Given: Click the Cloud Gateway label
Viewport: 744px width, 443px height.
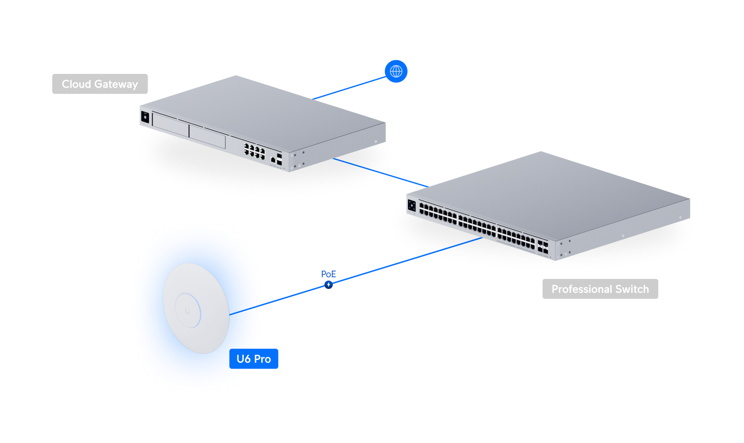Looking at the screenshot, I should point(100,84).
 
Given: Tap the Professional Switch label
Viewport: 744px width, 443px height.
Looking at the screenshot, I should point(600,289).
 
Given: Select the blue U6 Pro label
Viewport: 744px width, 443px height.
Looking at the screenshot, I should point(254,359).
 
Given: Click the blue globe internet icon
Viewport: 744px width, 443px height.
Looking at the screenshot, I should point(396,71).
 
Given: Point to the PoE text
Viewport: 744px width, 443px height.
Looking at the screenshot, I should point(329,274).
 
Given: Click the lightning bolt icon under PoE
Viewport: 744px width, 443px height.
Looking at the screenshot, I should point(329,285).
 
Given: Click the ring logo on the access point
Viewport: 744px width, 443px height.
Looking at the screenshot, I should point(188,311).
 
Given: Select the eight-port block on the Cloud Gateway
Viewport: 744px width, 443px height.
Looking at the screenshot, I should point(254,151).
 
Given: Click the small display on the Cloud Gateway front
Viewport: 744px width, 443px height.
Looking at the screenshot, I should point(145,117).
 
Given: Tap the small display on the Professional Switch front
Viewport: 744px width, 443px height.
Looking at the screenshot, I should point(412,205).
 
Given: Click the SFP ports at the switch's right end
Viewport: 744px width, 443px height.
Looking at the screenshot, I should point(543,247).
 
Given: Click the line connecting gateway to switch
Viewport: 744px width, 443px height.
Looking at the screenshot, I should point(380,172).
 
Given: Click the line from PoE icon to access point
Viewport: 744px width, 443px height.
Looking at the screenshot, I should point(293,295).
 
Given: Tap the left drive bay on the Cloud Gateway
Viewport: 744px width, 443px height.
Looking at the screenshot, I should point(171,124).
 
